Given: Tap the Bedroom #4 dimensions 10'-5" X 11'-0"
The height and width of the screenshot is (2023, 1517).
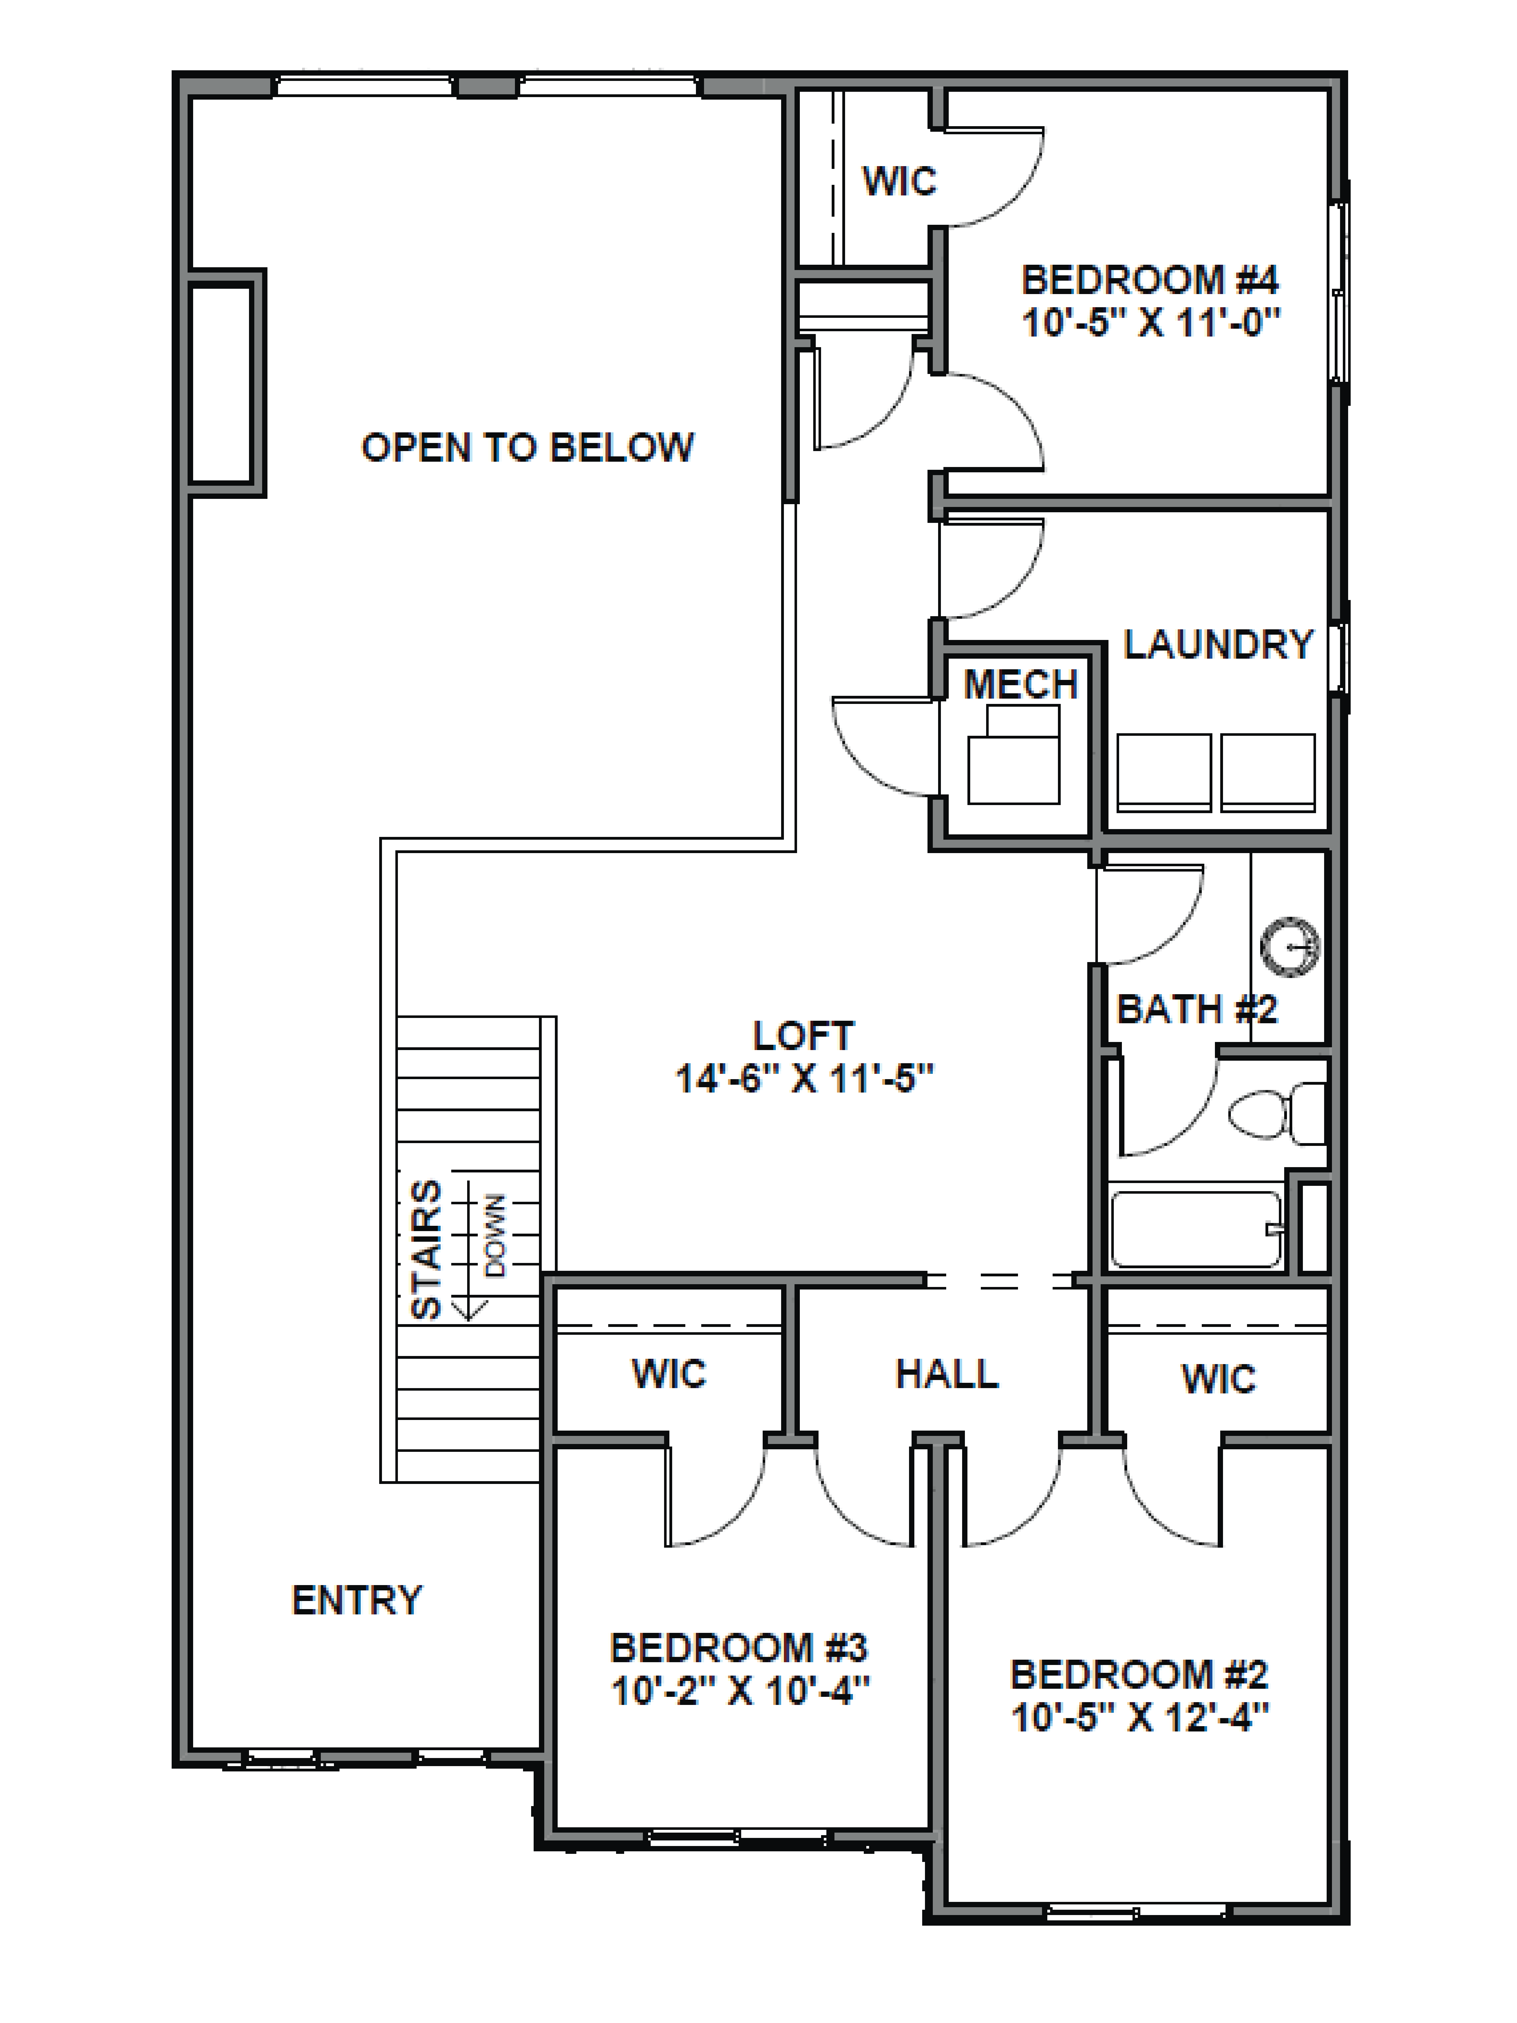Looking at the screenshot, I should pyautogui.click(x=1150, y=323).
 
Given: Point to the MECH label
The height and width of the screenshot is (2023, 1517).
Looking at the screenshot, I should pyautogui.click(x=1021, y=684).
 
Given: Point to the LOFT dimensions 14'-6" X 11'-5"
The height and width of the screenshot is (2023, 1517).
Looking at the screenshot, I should pyautogui.click(x=804, y=1079).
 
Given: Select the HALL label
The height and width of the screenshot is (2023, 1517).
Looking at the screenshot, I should pyautogui.click(x=946, y=1374).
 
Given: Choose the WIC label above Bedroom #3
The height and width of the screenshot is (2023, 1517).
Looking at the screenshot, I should pyautogui.click(x=668, y=1374).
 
